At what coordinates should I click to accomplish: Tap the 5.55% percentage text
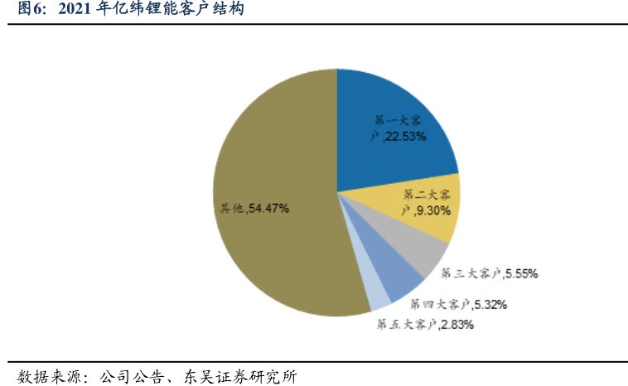coord(521,273)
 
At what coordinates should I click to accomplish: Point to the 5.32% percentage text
coord(489,304)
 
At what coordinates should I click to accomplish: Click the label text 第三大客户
coord(470,273)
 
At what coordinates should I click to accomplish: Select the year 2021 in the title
coord(79,11)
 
